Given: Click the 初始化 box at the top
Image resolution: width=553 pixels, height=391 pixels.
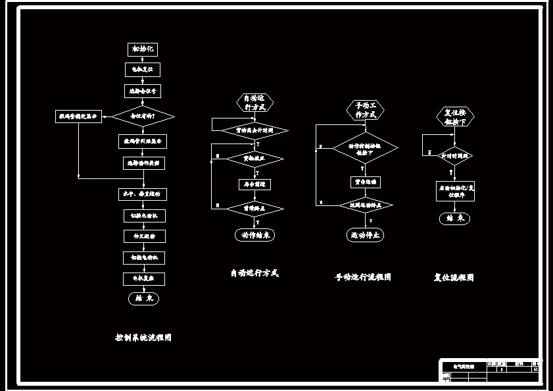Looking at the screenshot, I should tap(143, 49).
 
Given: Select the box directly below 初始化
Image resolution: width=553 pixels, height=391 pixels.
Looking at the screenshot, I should tap(143, 69).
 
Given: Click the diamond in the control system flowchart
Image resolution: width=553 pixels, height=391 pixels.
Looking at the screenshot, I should tap(143, 117).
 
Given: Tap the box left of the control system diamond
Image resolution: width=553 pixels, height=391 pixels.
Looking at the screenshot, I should tap(78, 117).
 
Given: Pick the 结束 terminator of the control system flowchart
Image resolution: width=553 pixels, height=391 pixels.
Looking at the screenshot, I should tap(143, 298).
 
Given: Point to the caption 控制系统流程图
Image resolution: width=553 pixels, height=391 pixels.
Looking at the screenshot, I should tap(143, 338).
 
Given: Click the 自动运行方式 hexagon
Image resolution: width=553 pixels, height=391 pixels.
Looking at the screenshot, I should tap(254, 103).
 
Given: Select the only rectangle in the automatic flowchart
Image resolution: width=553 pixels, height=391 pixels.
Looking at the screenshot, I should tap(254, 184).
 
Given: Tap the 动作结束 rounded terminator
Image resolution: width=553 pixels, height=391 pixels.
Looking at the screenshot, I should tap(254, 234).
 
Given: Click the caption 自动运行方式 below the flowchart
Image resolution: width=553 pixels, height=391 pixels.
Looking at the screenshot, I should tap(254, 273).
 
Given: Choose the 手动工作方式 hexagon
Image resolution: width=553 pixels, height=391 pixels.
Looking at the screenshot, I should tap(365, 110).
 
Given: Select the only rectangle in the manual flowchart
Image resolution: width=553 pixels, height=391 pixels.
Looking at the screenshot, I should tap(365, 182).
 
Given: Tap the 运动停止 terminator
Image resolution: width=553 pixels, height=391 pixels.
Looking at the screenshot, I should tap(365, 234).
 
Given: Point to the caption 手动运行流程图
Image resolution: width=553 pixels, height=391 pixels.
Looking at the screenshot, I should tap(362, 277).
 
